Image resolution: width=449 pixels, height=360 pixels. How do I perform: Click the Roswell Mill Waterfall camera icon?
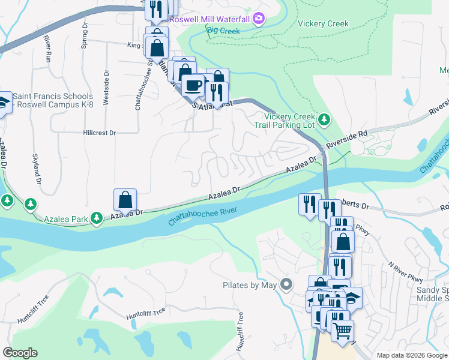(259, 19)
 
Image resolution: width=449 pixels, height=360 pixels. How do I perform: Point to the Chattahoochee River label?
(202, 216)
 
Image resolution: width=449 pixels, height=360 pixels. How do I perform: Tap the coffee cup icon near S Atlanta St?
(192, 85)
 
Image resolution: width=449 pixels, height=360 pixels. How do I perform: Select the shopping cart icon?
(342, 331)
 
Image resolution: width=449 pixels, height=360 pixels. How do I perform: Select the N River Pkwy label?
(405, 273)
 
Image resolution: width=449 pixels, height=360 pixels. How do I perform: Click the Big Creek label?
(223, 31)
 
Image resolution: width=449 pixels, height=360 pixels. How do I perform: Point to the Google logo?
(20, 353)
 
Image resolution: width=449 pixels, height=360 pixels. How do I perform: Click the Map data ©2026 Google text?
(411, 355)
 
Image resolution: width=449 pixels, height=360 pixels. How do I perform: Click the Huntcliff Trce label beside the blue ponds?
(146, 313)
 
